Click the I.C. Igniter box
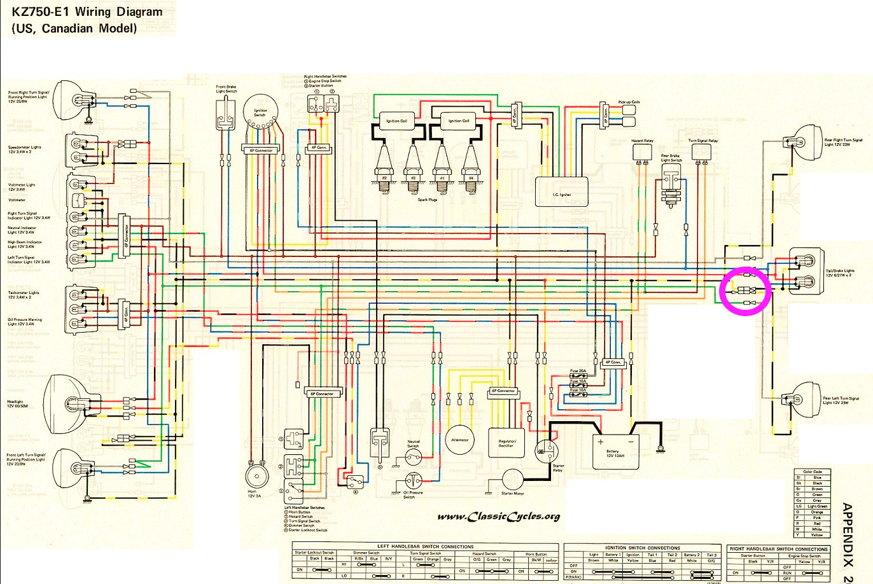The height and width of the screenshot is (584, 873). pos(562,191)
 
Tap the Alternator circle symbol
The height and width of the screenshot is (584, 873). pos(459,440)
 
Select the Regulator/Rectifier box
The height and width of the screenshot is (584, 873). pos(506,443)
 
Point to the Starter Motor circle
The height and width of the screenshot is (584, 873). pos(513,481)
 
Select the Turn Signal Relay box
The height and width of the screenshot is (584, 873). pos(701,151)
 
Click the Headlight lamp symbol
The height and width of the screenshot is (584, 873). pos(64,404)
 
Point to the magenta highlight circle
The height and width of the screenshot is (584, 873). pos(746,291)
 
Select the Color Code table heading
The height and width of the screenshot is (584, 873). pos(813,471)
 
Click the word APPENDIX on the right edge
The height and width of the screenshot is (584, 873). pos(847,534)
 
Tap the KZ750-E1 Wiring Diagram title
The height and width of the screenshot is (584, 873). pos(87,12)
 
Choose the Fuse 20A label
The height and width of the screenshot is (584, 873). pos(578,371)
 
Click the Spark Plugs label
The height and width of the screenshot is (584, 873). pos(427,200)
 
